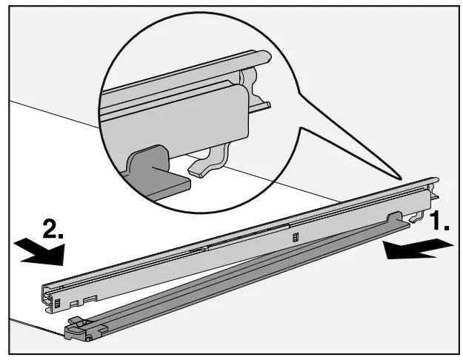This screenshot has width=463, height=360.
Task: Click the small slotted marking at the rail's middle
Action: (295, 237)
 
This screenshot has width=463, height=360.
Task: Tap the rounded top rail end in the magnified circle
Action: (260, 57)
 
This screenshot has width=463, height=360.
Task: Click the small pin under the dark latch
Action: (89, 339)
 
